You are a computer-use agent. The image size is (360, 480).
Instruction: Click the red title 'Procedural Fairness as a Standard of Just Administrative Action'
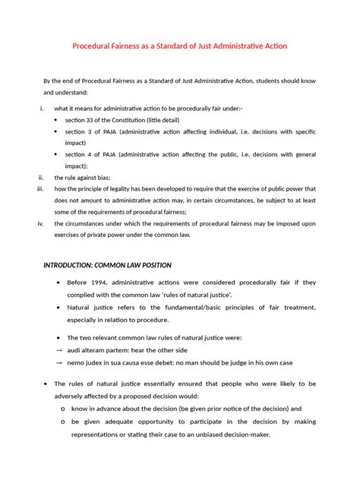[180, 46]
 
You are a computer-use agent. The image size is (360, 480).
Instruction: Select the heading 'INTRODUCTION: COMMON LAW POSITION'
[106, 265]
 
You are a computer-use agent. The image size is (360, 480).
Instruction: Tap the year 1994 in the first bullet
[99, 283]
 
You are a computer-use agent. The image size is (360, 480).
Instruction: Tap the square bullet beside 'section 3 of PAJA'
[58, 131]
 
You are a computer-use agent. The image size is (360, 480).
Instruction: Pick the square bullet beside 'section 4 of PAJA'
[58, 154]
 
